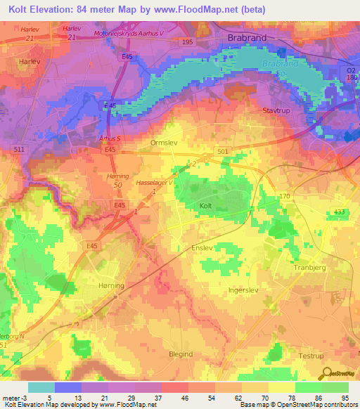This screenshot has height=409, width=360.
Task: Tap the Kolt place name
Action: coord(205,205)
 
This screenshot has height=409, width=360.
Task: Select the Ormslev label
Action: coord(163,141)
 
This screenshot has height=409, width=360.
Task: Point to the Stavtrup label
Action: coord(276,111)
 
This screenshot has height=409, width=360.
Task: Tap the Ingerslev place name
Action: coord(244,289)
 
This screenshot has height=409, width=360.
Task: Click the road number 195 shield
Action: coord(186,42)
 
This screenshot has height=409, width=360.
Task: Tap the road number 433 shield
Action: coord(340,212)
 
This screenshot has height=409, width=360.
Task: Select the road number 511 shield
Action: coord(19,150)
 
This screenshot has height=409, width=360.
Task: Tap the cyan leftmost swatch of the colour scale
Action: coord(41,387)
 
